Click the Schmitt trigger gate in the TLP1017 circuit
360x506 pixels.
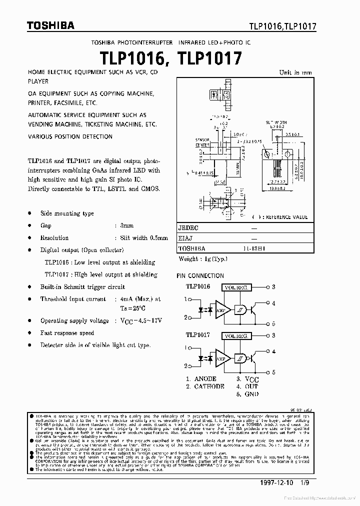(x=241, y=358)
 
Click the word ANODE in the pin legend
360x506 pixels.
(x=205, y=379)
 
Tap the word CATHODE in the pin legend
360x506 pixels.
(x=209, y=386)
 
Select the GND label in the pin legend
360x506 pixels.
(x=252, y=394)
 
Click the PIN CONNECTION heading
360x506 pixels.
(x=200, y=275)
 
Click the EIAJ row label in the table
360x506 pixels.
(x=186, y=238)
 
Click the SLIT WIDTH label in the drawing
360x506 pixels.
(x=275, y=122)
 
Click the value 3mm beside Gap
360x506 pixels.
(x=127, y=226)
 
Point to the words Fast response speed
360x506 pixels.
(x=67, y=333)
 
